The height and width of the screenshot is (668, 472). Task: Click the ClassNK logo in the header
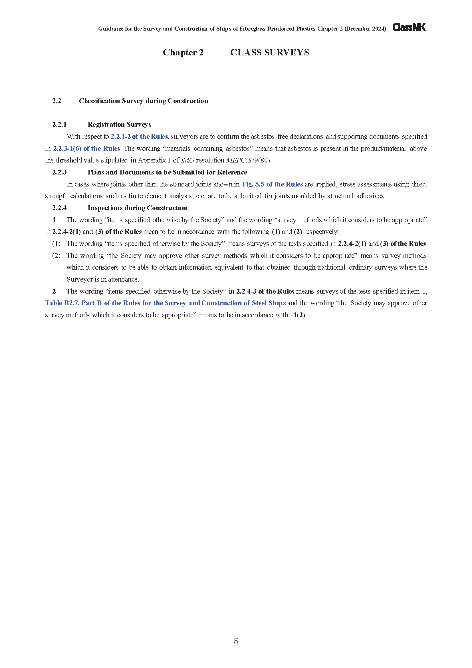click(x=409, y=27)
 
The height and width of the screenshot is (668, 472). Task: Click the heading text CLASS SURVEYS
click(x=269, y=52)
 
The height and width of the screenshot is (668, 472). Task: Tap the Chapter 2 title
click(x=183, y=52)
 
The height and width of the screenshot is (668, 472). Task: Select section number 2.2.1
click(x=59, y=125)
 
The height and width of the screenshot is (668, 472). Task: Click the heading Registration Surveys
click(x=119, y=125)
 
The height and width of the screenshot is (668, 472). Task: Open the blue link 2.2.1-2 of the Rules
click(x=139, y=137)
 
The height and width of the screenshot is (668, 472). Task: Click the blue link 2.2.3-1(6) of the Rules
click(x=86, y=149)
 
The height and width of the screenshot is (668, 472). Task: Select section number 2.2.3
click(x=59, y=172)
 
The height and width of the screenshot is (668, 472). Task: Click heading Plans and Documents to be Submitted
click(x=167, y=172)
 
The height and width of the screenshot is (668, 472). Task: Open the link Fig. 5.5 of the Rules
click(x=272, y=184)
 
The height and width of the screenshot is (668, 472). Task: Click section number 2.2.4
click(x=59, y=208)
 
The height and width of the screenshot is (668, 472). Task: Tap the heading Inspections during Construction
click(x=137, y=208)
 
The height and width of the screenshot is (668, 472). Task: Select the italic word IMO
click(x=187, y=160)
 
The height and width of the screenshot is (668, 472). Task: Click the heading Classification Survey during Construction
click(x=143, y=101)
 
